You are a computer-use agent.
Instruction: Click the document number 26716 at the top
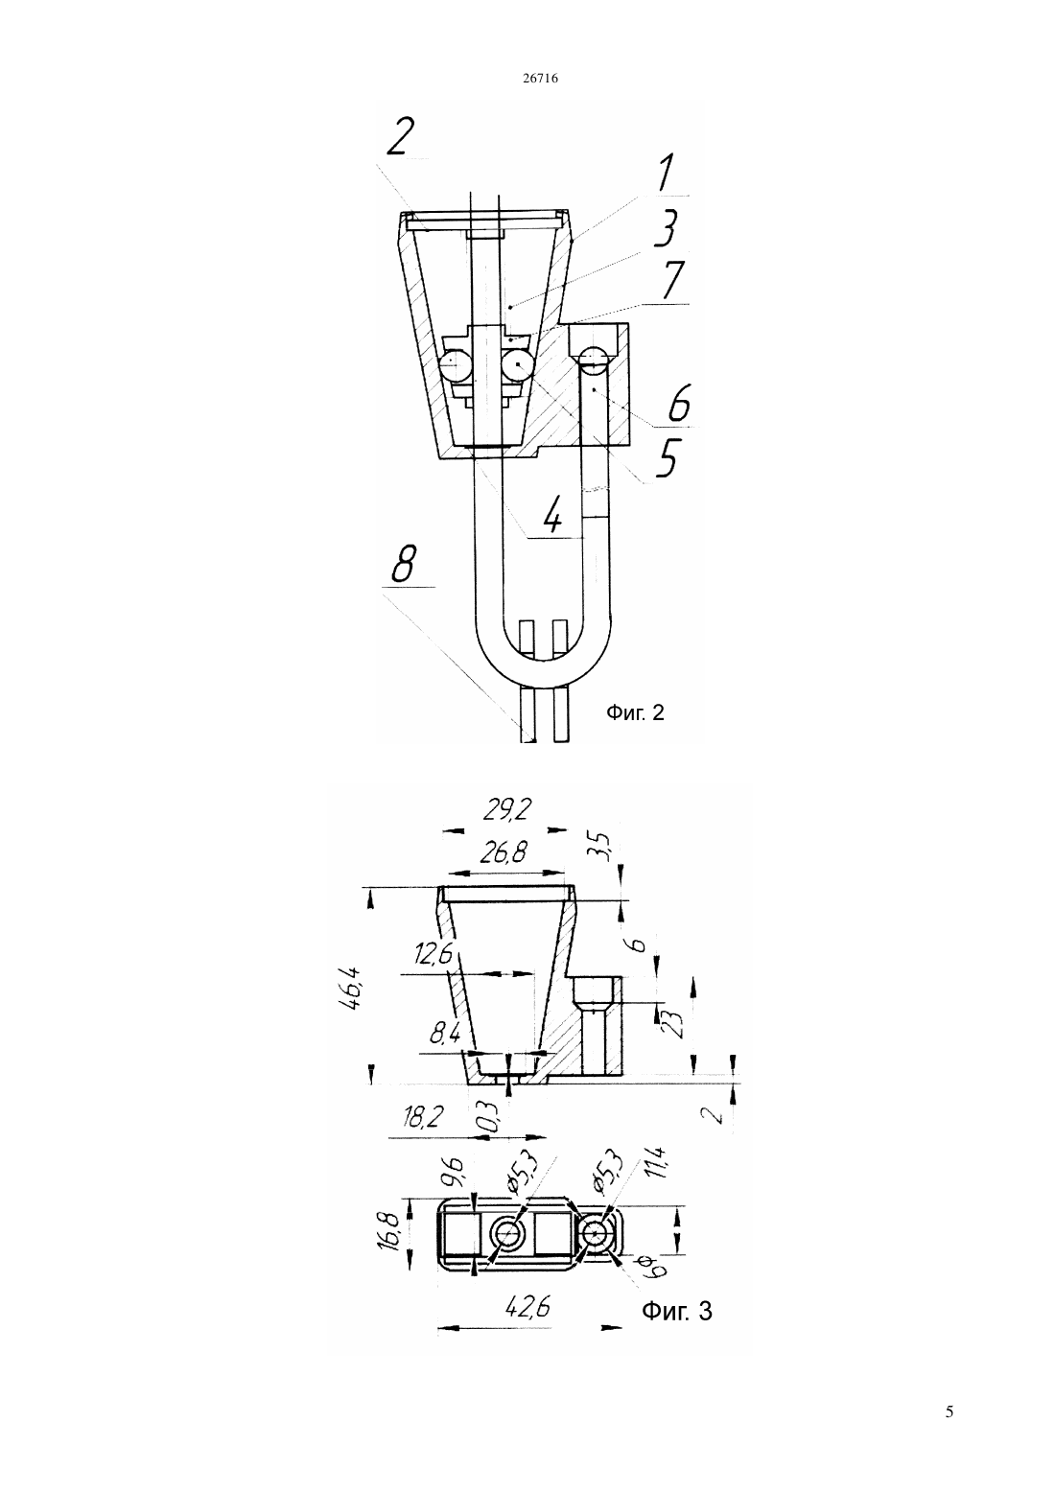540,79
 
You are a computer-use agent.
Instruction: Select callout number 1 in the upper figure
665,174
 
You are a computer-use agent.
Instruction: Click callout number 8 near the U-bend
405,564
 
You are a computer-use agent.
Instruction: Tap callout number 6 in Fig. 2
678,403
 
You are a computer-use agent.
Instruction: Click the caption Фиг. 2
635,713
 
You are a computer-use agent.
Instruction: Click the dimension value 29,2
508,810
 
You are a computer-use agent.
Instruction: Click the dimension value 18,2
423,1116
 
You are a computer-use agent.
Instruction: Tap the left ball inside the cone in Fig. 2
455,365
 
